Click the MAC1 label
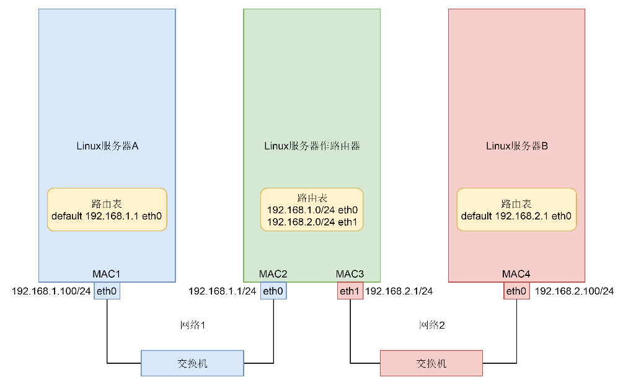click(107, 274)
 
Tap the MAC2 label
click(273, 274)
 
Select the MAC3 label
click(350, 274)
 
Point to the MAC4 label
click(516, 274)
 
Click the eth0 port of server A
click(107, 291)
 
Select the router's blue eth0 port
click(273, 291)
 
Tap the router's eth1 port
click(350, 291)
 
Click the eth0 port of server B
click(516, 291)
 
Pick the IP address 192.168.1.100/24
click(51, 291)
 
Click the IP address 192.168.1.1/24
click(222, 291)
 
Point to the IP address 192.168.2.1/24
click(399, 291)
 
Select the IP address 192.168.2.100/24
click(574, 291)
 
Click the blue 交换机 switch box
click(192, 363)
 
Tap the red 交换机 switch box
click(431, 363)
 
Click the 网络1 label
click(193, 325)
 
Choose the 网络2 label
click(432, 325)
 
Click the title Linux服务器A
click(107, 146)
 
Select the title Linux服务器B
click(517, 146)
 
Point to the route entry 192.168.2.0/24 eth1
click(312, 222)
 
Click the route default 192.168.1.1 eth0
click(107, 216)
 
